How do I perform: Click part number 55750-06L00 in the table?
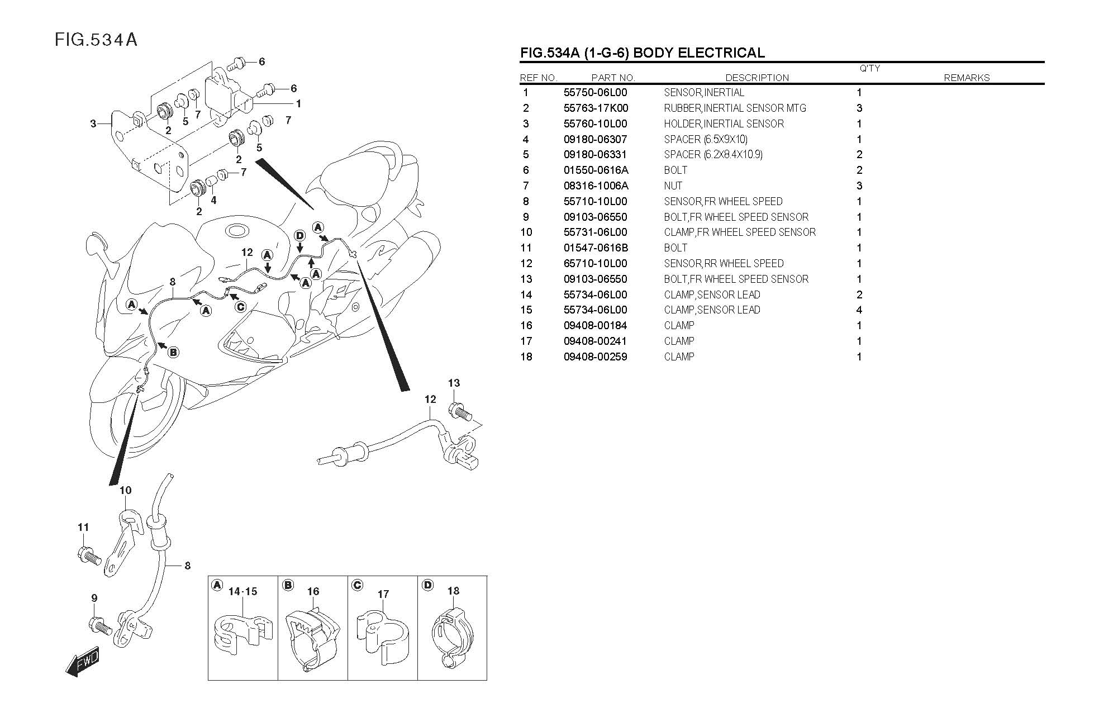tap(595, 93)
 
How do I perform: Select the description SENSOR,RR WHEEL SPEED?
tap(724, 263)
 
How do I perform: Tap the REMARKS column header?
tap(966, 78)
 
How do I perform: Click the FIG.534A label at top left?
tap(96, 40)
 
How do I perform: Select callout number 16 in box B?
tap(313, 591)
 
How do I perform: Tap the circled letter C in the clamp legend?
tap(357, 585)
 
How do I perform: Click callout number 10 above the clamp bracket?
tap(126, 490)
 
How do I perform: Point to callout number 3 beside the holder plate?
tap(93, 123)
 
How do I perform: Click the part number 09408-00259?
tap(595, 357)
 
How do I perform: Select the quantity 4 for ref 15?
tap(859, 310)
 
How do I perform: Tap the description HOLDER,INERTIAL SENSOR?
tap(724, 124)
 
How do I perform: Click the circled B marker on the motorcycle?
tap(173, 352)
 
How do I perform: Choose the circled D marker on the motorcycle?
tap(299, 236)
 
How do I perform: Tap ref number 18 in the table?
tap(526, 357)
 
